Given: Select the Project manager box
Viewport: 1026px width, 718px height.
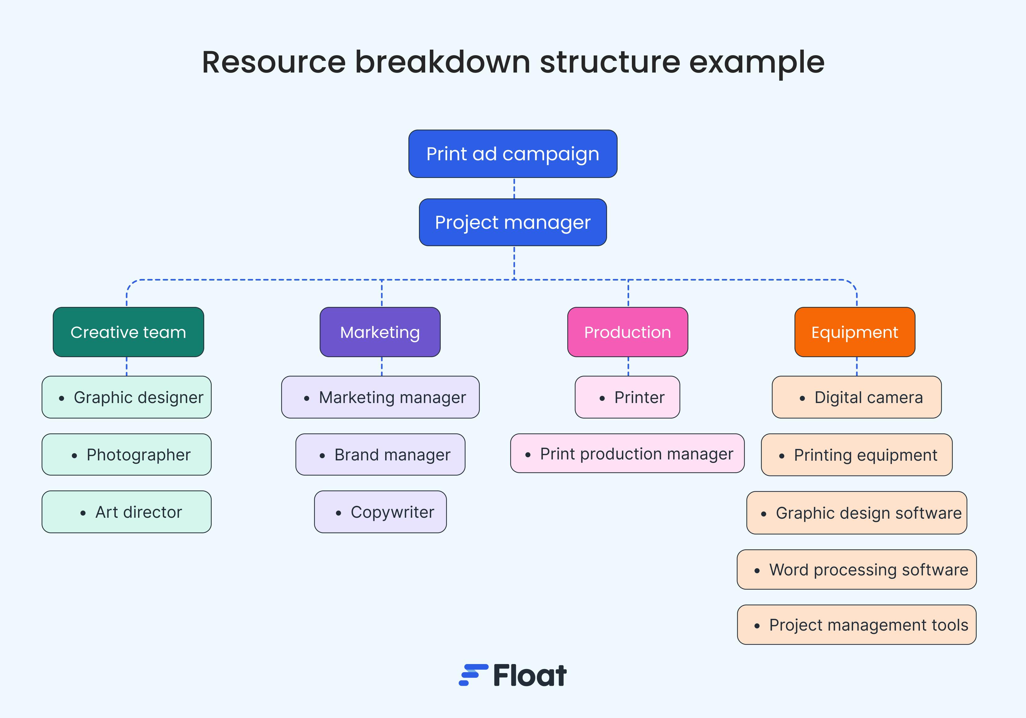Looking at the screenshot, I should pos(513,222).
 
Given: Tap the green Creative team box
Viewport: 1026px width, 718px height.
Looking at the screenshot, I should pos(128,332).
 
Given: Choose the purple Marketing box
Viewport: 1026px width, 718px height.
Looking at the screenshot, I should pos(380,332).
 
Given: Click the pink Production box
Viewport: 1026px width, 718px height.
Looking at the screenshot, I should pos(628,332).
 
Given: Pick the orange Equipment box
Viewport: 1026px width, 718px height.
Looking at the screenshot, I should pos(854,332).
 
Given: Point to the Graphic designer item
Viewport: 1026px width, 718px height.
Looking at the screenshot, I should pos(126,397).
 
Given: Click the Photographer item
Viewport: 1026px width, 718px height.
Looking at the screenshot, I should pos(126,454).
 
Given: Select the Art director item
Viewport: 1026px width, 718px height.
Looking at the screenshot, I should pos(126,512).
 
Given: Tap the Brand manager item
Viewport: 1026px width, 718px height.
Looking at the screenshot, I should pos(380,454).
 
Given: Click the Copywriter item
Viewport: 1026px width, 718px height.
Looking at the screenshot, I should pos(380,512).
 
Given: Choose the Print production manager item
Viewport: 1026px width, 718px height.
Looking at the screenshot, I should pos(628,453).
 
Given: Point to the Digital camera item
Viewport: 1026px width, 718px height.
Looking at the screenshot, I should pos(857,397).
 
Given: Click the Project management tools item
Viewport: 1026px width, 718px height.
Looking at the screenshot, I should pos(857,625).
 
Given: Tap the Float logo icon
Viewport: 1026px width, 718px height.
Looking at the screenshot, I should pos(473,675).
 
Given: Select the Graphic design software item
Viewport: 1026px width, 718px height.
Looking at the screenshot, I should pos(857,512).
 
